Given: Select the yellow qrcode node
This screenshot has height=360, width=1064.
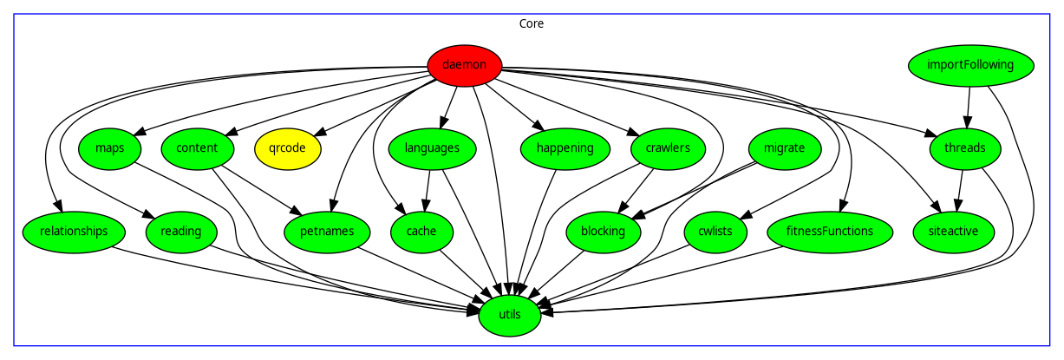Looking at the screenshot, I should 287,148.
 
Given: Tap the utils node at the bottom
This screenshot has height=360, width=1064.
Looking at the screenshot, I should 510,315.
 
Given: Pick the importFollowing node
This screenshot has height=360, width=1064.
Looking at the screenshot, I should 971,65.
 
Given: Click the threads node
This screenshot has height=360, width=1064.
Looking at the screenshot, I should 964,148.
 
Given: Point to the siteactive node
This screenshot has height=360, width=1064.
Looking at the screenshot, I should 953,232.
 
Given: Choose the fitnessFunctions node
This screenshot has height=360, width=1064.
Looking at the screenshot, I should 829,232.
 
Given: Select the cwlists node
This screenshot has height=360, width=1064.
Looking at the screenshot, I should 715,232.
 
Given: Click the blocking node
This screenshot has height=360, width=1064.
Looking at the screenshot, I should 603,232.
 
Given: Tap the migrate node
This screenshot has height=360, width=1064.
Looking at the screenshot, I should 784,148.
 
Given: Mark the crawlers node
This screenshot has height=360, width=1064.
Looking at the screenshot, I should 668,148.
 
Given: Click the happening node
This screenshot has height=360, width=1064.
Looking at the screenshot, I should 565,148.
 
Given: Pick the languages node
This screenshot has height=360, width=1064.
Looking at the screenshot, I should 431,148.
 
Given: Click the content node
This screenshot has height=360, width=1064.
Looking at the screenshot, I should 196,148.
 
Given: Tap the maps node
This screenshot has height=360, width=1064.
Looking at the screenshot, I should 110,148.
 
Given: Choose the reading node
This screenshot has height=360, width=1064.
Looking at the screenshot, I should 180,232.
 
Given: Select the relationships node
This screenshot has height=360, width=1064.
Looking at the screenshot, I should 74,232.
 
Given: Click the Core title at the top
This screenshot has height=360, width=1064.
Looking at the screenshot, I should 532,24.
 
